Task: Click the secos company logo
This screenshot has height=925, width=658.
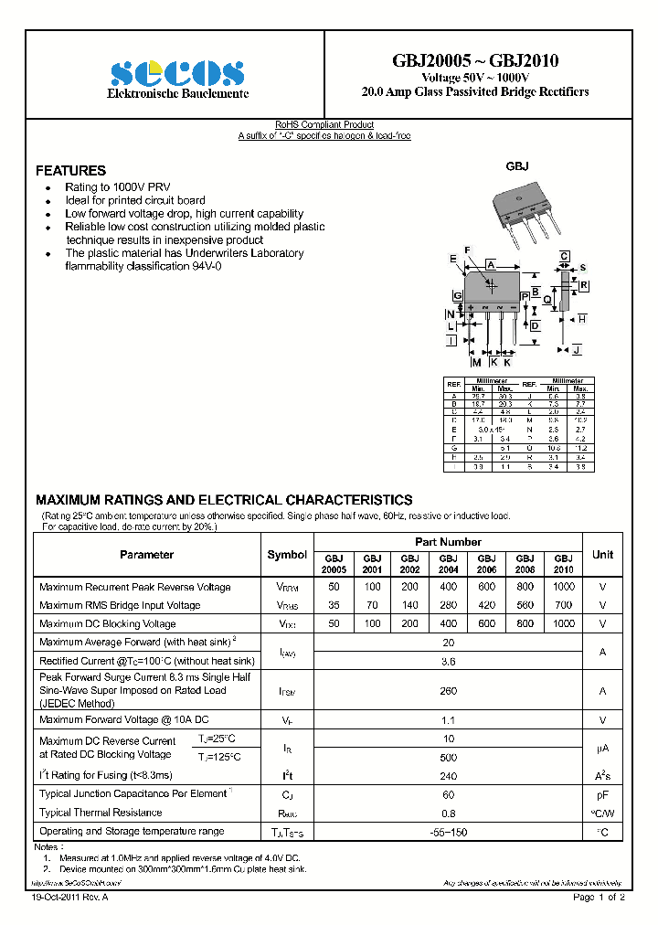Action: coord(176,72)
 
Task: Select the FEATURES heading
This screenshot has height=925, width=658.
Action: coord(70,171)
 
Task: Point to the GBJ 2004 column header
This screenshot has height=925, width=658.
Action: coord(448,563)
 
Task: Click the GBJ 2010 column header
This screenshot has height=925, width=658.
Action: coord(564,563)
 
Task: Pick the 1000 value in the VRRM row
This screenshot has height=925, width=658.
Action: coord(564,587)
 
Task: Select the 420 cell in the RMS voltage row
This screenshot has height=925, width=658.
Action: coord(486,605)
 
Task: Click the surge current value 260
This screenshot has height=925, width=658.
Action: coord(448,691)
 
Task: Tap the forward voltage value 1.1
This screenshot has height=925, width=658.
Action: coord(448,720)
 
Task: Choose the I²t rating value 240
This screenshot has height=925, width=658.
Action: coord(448,775)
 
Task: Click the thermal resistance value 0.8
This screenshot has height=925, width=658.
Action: coord(448,813)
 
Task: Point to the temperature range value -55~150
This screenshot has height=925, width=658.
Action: coord(448,832)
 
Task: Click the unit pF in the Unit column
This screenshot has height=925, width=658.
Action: coord(602,794)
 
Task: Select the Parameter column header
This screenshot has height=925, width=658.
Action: coord(146,555)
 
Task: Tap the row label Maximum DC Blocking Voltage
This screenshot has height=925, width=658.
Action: coord(108,623)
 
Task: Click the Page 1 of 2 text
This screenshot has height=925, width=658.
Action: coord(599,898)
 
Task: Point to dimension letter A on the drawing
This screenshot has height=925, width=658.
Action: coord(491,264)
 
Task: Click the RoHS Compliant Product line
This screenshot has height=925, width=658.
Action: coord(324,125)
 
